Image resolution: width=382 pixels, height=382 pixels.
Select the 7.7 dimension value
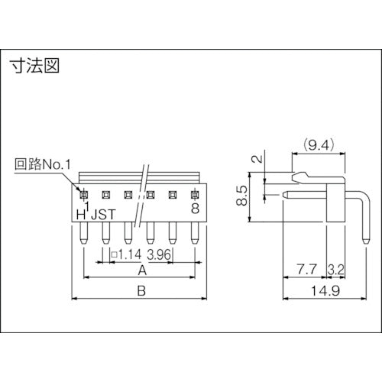(306, 270)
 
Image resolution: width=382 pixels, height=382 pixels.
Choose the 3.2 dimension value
(335, 270)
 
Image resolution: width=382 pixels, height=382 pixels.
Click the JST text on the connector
(106, 214)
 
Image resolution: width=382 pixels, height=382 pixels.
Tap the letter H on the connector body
(80, 214)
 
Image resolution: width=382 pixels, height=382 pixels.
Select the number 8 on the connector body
(196, 207)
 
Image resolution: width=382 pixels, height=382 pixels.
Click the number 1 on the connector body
(88, 206)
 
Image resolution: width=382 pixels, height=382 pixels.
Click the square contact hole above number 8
(196, 193)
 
